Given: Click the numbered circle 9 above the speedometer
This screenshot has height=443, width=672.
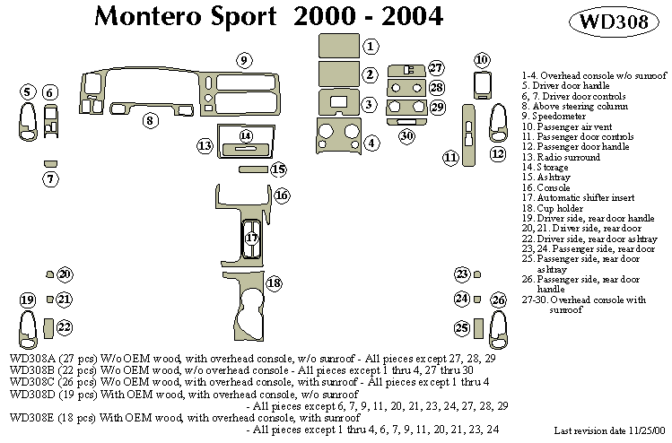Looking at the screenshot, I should tap(243, 61).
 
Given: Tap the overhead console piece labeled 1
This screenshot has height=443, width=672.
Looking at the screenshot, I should tap(338, 45).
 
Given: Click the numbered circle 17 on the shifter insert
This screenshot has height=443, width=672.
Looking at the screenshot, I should tap(252, 239).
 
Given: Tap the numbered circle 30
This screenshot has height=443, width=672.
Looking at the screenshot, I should tap(407, 136).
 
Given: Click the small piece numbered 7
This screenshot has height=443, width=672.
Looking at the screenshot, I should tap(51, 163).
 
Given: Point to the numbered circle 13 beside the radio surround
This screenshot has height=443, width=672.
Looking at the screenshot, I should tap(205, 145).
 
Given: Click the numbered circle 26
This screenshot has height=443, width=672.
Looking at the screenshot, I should tap(499, 300).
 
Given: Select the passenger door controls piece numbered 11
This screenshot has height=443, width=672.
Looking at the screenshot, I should tap(467, 133).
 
